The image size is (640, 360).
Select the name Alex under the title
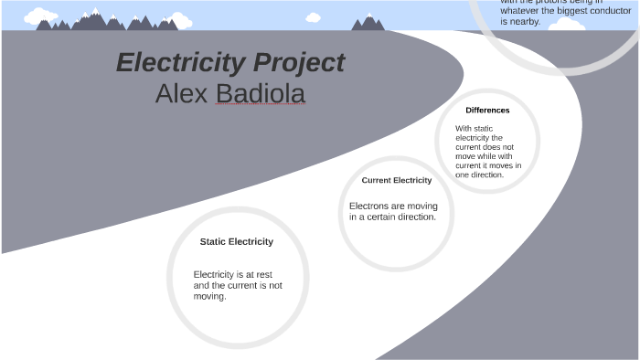tap(182, 93)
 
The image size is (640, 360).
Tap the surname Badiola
tap(260, 93)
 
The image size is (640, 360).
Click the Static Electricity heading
tap(236, 242)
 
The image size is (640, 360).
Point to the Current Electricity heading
tap(396, 180)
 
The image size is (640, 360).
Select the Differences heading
tap(487, 111)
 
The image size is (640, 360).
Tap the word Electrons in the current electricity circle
tap(369, 206)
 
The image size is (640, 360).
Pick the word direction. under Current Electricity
tap(416, 217)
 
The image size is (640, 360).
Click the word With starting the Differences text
tap(464, 129)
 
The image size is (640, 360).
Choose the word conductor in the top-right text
tap(602, 11)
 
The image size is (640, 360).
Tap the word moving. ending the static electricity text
tap(209, 296)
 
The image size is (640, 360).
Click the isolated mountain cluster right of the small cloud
tap(368, 23)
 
